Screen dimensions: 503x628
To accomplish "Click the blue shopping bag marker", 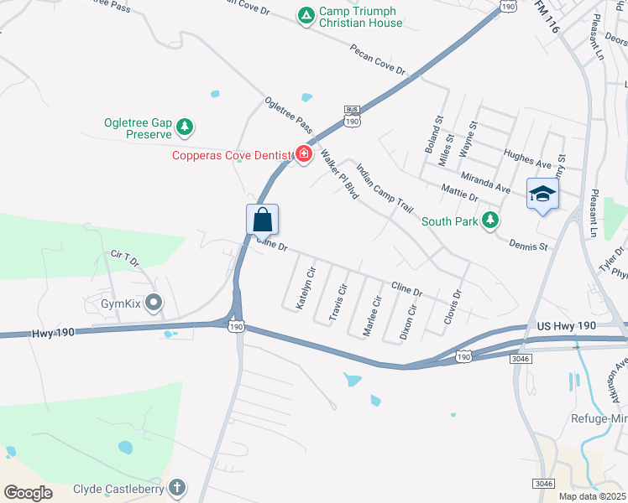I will coord(263,220).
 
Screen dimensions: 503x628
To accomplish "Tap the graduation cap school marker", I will coord(542,194).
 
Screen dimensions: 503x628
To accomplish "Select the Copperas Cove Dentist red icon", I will coord(303,154).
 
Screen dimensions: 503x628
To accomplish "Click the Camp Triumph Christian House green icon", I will coord(307,15).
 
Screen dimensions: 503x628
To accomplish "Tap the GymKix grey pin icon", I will coord(153,300).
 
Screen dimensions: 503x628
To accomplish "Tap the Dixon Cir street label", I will coord(407,322).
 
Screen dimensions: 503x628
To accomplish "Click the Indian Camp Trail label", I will coord(385,187).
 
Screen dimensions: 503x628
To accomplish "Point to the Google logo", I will coord(29,493).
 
